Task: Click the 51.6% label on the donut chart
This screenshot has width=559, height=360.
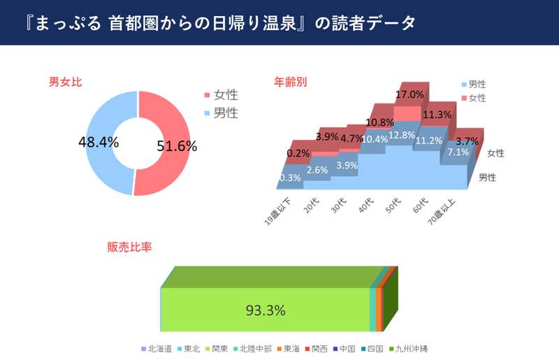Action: click(175, 146)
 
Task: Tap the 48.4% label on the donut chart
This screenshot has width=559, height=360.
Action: click(99, 142)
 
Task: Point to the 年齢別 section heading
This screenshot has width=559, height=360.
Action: click(290, 82)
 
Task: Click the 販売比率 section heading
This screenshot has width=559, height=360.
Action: click(130, 247)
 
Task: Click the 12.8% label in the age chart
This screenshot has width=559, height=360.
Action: click(402, 135)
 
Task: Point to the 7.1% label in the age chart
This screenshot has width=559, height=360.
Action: click(458, 152)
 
